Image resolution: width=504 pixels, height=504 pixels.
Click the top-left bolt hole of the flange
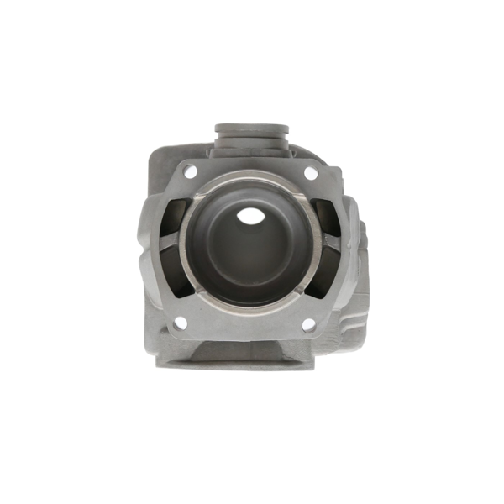tap(191, 171)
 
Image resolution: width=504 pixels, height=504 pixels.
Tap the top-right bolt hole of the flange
tap(311, 172)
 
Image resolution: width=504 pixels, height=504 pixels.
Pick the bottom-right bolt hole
tap(308, 324)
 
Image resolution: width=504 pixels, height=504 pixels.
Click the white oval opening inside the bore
tap(250, 216)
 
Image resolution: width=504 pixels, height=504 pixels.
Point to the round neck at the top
tap(252, 132)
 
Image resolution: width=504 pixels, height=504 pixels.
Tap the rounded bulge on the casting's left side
tap(149, 252)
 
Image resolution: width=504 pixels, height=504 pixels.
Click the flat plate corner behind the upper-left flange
tap(160, 160)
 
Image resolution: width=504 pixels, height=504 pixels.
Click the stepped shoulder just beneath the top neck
tap(252, 151)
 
